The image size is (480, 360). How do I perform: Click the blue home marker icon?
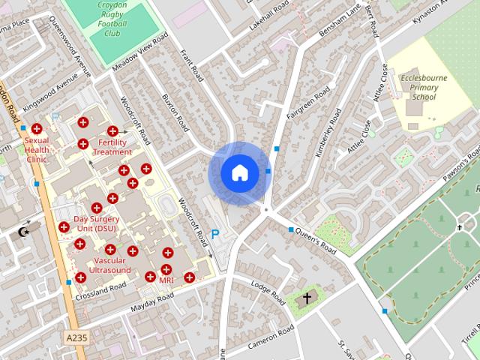[x=239, y=172]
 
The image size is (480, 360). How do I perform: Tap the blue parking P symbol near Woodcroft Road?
[x=216, y=235]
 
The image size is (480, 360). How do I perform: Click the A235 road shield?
[x=76, y=338]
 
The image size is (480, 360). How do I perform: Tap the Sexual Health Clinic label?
[x=37, y=149]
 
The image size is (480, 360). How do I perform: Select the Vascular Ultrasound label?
[x=109, y=265]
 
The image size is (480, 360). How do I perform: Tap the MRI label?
[x=166, y=280]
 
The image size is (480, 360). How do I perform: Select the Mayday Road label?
[x=152, y=302]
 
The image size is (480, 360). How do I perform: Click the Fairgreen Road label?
[x=307, y=102]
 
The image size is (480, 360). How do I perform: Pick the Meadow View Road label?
[x=139, y=52]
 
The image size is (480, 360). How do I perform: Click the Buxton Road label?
[x=172, y=112]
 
